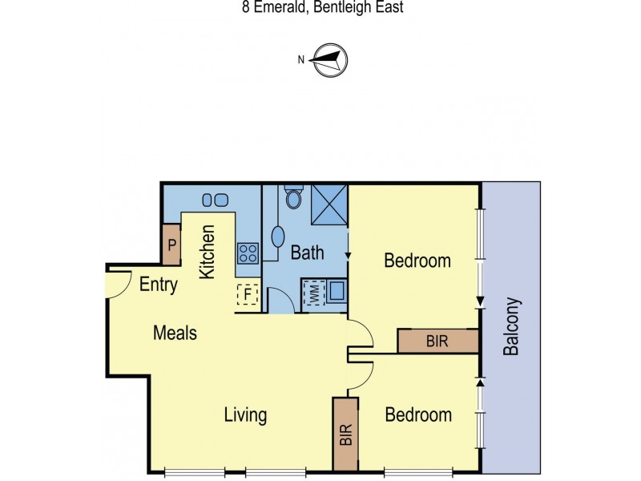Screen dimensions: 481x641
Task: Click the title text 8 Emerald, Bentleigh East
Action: pyautogui.click(x=320, y=8)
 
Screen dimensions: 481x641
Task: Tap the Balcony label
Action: pyautogui.click(x=512, y=327)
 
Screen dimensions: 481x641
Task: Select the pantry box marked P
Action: pyautogui.click(x=171, y=245)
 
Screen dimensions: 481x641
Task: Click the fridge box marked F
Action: pyautogui.click(x=247, y=294)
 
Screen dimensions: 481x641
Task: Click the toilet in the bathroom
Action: pyautogui.click(x=293, y=196)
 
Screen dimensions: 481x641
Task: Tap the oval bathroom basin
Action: pyautogui.click(x=278, y=236)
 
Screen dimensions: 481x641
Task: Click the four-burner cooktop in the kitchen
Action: pyautogui.click(x=248, y=253)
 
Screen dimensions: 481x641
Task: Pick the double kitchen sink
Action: pyautogui.click(x=212, y=199)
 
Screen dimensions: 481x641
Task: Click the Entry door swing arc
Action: pyautogui.click(x=119, y=282)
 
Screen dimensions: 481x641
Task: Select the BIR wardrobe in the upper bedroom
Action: pyautogui.click(x=438, y=341)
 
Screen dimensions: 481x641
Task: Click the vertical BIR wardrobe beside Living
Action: pyautogui.click(x=346, y=433)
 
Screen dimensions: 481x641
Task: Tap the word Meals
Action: pyautogui.click(x=175, y=333)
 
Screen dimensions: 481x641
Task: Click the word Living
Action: pyautogui.click(x=245, y=415)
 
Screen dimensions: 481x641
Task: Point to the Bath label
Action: pyautogui.click(x=307, y=253)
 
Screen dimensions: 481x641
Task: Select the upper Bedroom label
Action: pyautogui.click(x=417, y=261)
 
